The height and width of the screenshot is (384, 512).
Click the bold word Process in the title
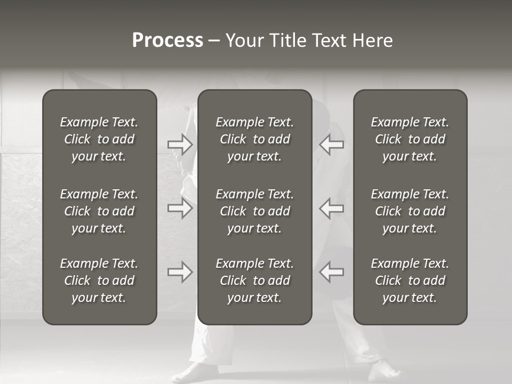click(x=167, y=41)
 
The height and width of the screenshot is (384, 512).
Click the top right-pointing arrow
click(x=180, y=145)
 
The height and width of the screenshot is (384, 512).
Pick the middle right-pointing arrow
click(x=180, y=208)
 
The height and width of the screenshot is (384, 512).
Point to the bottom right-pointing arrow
click(x=180, y=272)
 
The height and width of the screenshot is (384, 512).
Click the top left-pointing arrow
click(x=332, y=145)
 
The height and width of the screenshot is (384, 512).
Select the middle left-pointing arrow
click(x=332, y=208)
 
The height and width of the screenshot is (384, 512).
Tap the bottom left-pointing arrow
click(x=332, y=272)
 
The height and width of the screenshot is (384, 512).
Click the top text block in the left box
click(x=99, y=139)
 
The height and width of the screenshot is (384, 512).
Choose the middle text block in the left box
click(x=99, y=211)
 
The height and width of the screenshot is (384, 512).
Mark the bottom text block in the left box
click(x=99, y=281)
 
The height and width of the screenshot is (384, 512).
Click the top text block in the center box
click(x=254, y=139)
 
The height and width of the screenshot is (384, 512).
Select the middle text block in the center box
click(x=254, y=211)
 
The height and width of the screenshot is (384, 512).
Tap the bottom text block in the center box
click(x=254, y=281)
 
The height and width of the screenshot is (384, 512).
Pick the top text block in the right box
click(x=410, y=139)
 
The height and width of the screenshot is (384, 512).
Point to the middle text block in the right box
click(x=410, y=211)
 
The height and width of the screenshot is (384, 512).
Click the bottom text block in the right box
click(x=410, y=281)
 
